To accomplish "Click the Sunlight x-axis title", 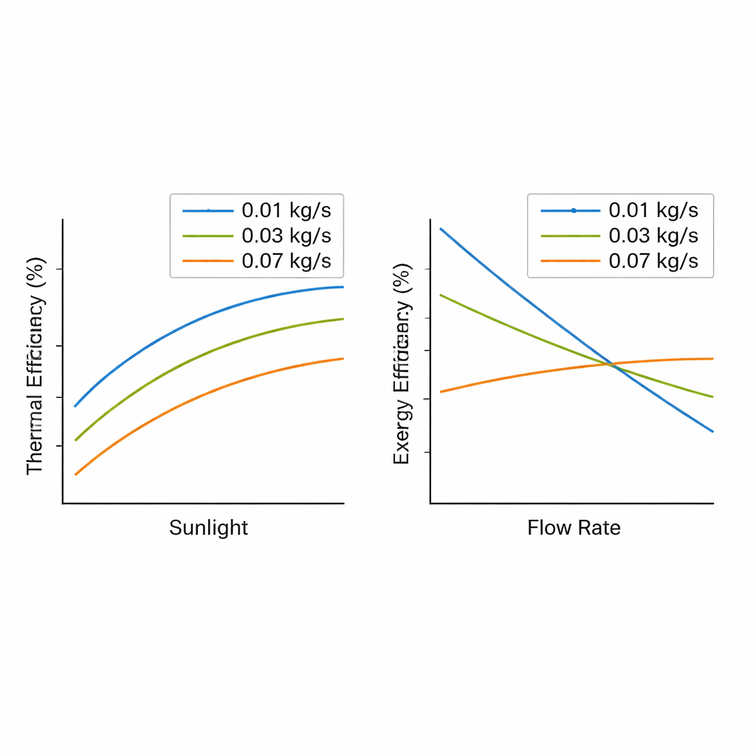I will (x=208, y=528).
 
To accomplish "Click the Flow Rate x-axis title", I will (x=574, y=528).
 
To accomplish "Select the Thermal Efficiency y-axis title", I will (x=35, y=366).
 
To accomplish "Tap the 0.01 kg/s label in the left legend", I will (x=286, y=210).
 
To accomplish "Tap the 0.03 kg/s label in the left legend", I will (x=286, y=236).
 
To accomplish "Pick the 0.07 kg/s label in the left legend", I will (x=286, y=261).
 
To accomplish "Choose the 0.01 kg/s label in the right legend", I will (x=653, y=210).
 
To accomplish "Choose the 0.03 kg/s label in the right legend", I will (x=653, y=236).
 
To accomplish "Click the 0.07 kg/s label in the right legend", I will (x=653, y=261).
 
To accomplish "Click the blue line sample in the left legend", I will (x=208, y=210).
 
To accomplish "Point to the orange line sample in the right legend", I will (x=571, y=261).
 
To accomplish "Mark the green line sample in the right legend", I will (x=571, y=236).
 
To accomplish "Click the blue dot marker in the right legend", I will (x=574, y=210).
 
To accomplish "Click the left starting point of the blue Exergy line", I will (x=441, y=229).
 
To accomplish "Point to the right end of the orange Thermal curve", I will (x=343, y=359).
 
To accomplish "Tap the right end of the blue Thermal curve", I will (x=343, y=286).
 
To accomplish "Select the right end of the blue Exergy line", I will (x=712, y=431).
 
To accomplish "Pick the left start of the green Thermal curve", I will (x=75, y=440).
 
